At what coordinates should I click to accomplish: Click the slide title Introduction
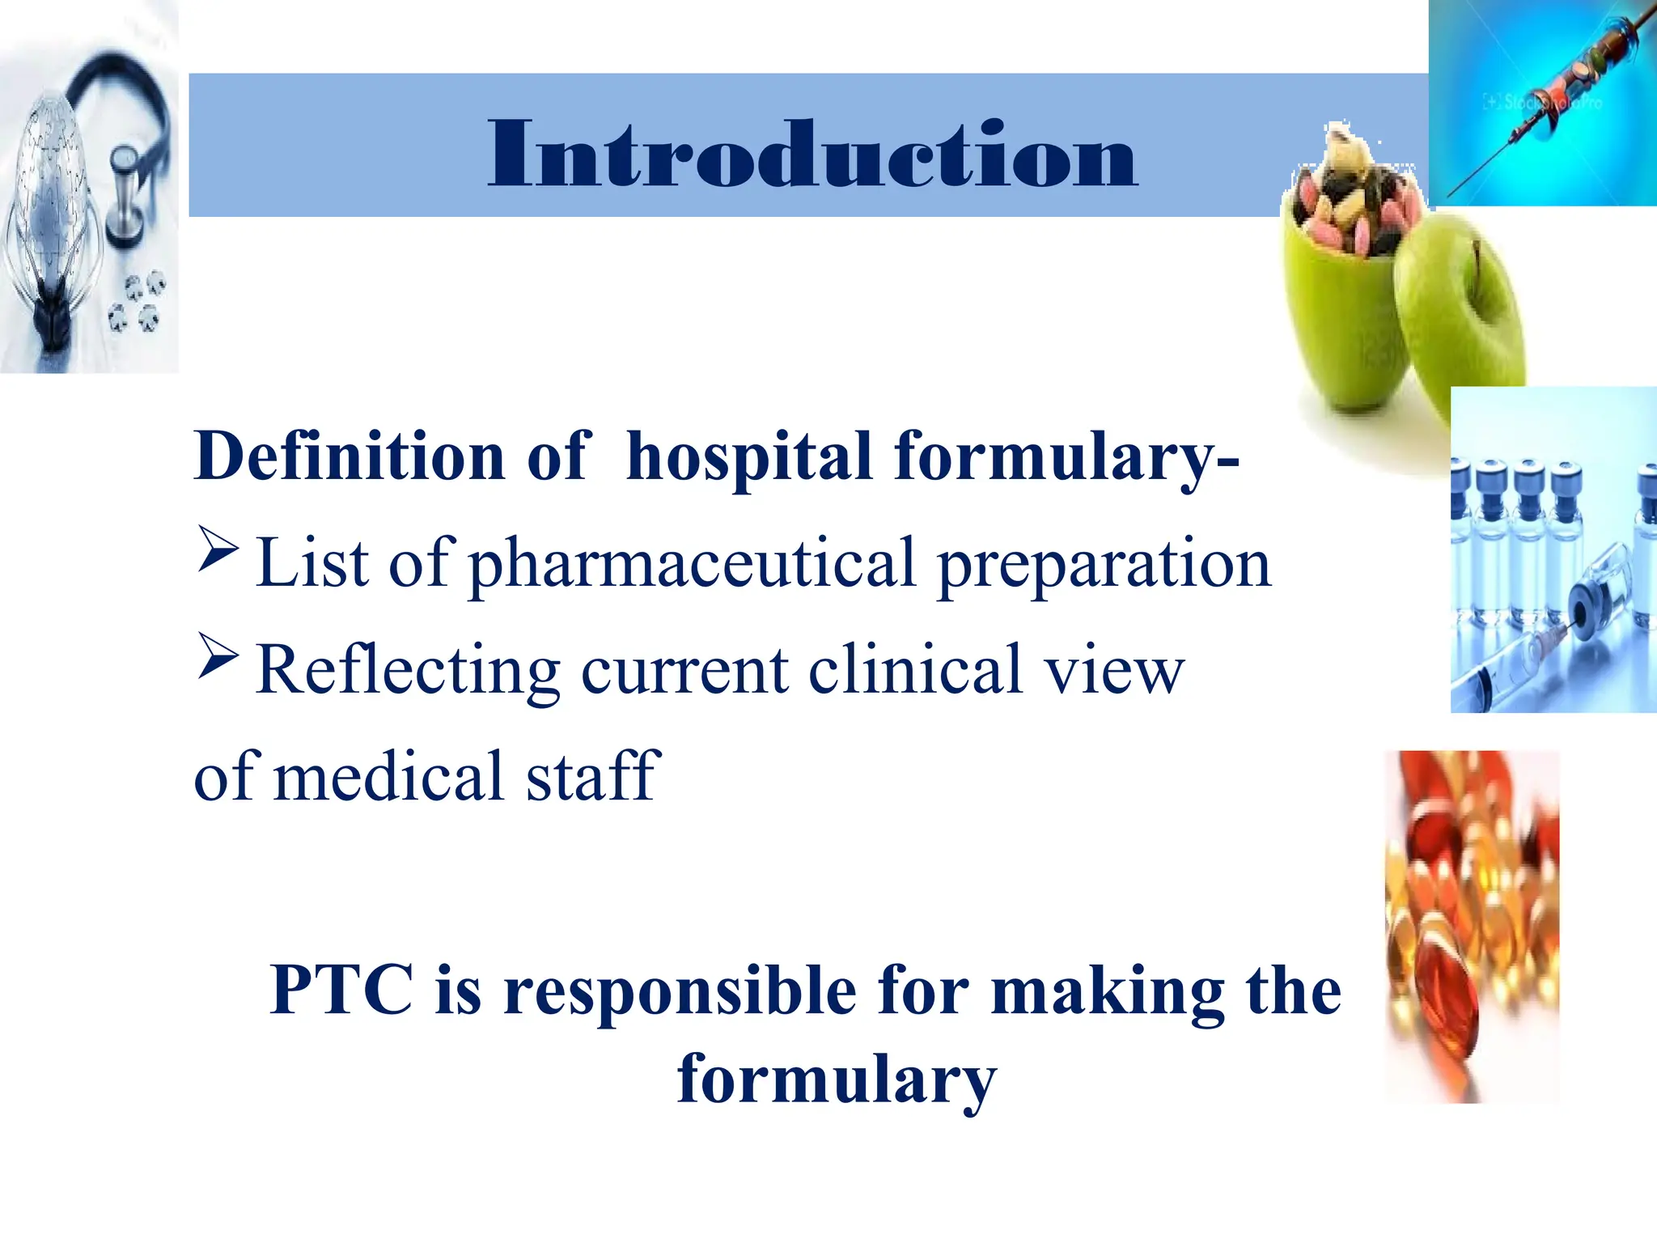pos(812,154)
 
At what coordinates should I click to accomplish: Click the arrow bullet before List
pos(218,550)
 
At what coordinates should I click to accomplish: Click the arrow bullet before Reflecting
pos(218,657)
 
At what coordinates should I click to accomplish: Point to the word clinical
pos(914,670)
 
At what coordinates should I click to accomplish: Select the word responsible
pos(680,992)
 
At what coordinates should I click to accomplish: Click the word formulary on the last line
pos(837,1080)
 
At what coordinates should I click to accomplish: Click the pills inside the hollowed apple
pos(1351,210)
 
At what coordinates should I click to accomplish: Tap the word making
pos(1108,992)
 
